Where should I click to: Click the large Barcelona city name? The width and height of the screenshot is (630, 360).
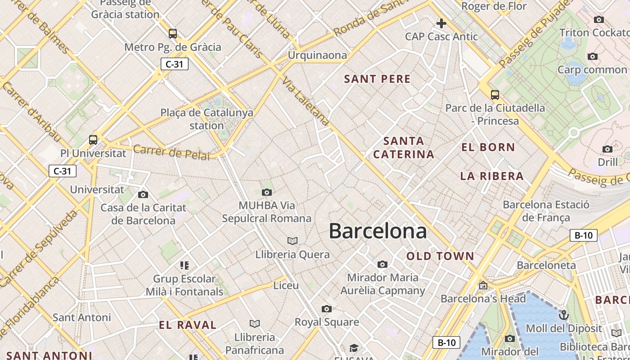(378, 231)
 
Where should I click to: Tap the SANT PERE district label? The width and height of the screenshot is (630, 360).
(377, 79)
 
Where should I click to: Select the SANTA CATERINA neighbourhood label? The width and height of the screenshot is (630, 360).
(404, 148)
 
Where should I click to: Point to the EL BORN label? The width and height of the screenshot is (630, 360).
(488, 147)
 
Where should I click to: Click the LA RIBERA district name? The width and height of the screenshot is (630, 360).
(492, 176)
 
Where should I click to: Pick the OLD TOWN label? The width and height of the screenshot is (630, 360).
(440, 256)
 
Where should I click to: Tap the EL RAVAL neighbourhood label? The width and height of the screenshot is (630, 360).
(188, 325)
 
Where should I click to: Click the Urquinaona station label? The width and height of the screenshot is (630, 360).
(317, 55)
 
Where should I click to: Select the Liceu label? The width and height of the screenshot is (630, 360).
(286, 285)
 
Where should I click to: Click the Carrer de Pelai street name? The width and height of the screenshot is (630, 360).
(171, 153)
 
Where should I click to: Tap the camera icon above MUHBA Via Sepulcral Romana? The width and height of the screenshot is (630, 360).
(267, 193)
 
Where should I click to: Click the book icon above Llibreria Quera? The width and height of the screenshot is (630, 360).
(292, 241)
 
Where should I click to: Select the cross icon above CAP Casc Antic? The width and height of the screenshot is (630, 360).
(441, 23)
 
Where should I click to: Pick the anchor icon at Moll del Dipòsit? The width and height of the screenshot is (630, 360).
(563, 315)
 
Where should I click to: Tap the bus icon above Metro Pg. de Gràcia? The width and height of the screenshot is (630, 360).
(173, 34)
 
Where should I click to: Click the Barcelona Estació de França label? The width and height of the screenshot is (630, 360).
(546, 211)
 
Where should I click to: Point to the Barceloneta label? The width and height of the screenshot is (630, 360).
(546, 265)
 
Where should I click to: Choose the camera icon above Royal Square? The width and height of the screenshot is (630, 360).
(327, 309)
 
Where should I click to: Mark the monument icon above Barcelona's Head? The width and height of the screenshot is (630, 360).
(483, 285)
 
